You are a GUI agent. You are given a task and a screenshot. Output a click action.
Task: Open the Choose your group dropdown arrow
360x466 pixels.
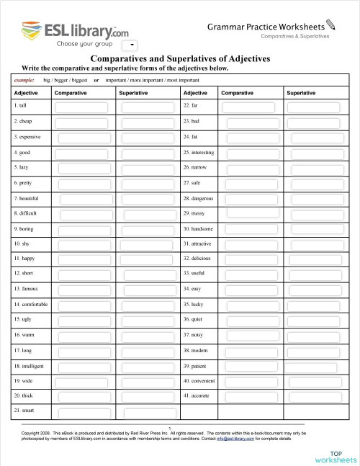(x=122, y=45)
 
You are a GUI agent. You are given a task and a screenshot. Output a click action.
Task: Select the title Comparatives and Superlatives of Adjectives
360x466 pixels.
(x=179, y=59)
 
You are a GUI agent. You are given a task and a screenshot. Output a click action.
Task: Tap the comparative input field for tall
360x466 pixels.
(x=81, y=107)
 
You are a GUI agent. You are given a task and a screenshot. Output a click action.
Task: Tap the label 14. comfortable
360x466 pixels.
(x=31, y=305)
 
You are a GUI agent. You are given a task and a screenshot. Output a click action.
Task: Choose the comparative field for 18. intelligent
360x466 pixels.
(x=81, y=366)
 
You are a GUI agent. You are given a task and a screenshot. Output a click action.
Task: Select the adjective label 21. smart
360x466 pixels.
(x=24, y=411)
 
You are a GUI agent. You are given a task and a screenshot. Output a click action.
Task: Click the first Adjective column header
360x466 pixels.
(x=26, y=93)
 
